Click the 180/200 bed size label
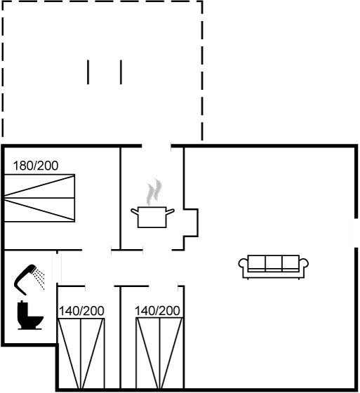36,166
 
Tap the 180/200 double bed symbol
39,198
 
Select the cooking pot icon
152,217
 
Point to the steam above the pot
154,192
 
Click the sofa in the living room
273,267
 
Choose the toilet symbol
30,315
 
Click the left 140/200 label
81,311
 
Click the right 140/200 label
157,311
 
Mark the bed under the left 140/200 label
81,354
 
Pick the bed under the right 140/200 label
159,354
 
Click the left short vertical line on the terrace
88,72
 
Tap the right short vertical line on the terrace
121,72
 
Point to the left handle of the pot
135,211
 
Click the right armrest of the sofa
304,264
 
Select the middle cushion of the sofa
274,262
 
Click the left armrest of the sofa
243,264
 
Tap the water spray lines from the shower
39,279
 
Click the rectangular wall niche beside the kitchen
191,222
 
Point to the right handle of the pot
171,211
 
